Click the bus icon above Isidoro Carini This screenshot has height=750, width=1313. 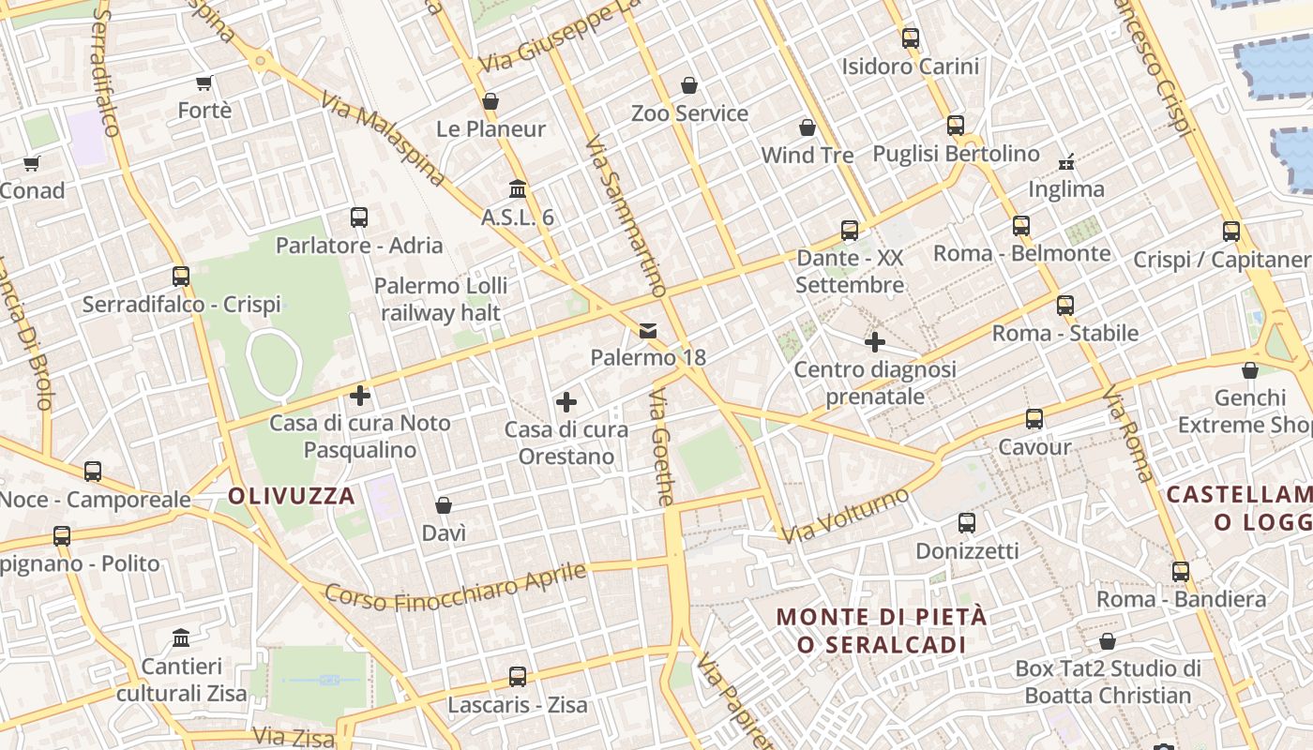(910, 38)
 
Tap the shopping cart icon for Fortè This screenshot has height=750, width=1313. (204, 82)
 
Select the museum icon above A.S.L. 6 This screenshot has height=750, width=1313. (517, 188)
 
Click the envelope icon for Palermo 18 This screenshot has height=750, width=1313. (647, 330)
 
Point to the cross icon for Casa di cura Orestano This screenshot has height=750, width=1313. (566, 402)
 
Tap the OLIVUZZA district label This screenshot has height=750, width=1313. (292, 496)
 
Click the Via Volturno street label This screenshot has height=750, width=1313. (846, 515)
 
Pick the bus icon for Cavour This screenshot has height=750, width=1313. (1034, 419)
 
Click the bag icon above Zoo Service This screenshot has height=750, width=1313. (689, 85)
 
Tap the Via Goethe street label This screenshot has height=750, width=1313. (661, 450)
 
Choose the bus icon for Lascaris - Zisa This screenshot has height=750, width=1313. (517, 676)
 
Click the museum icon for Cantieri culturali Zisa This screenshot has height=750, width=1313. (181, 638)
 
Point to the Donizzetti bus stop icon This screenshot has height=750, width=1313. (967, 522)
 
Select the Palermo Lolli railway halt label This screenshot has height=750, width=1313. (441, 299)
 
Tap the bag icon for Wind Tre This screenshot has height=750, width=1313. (807, 127)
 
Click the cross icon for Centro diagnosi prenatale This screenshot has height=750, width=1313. (875, 342)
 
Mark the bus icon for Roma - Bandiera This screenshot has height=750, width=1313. (1181, 571)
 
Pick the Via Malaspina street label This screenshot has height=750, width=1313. (383, 139)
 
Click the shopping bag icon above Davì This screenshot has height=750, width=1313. (444, 505)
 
